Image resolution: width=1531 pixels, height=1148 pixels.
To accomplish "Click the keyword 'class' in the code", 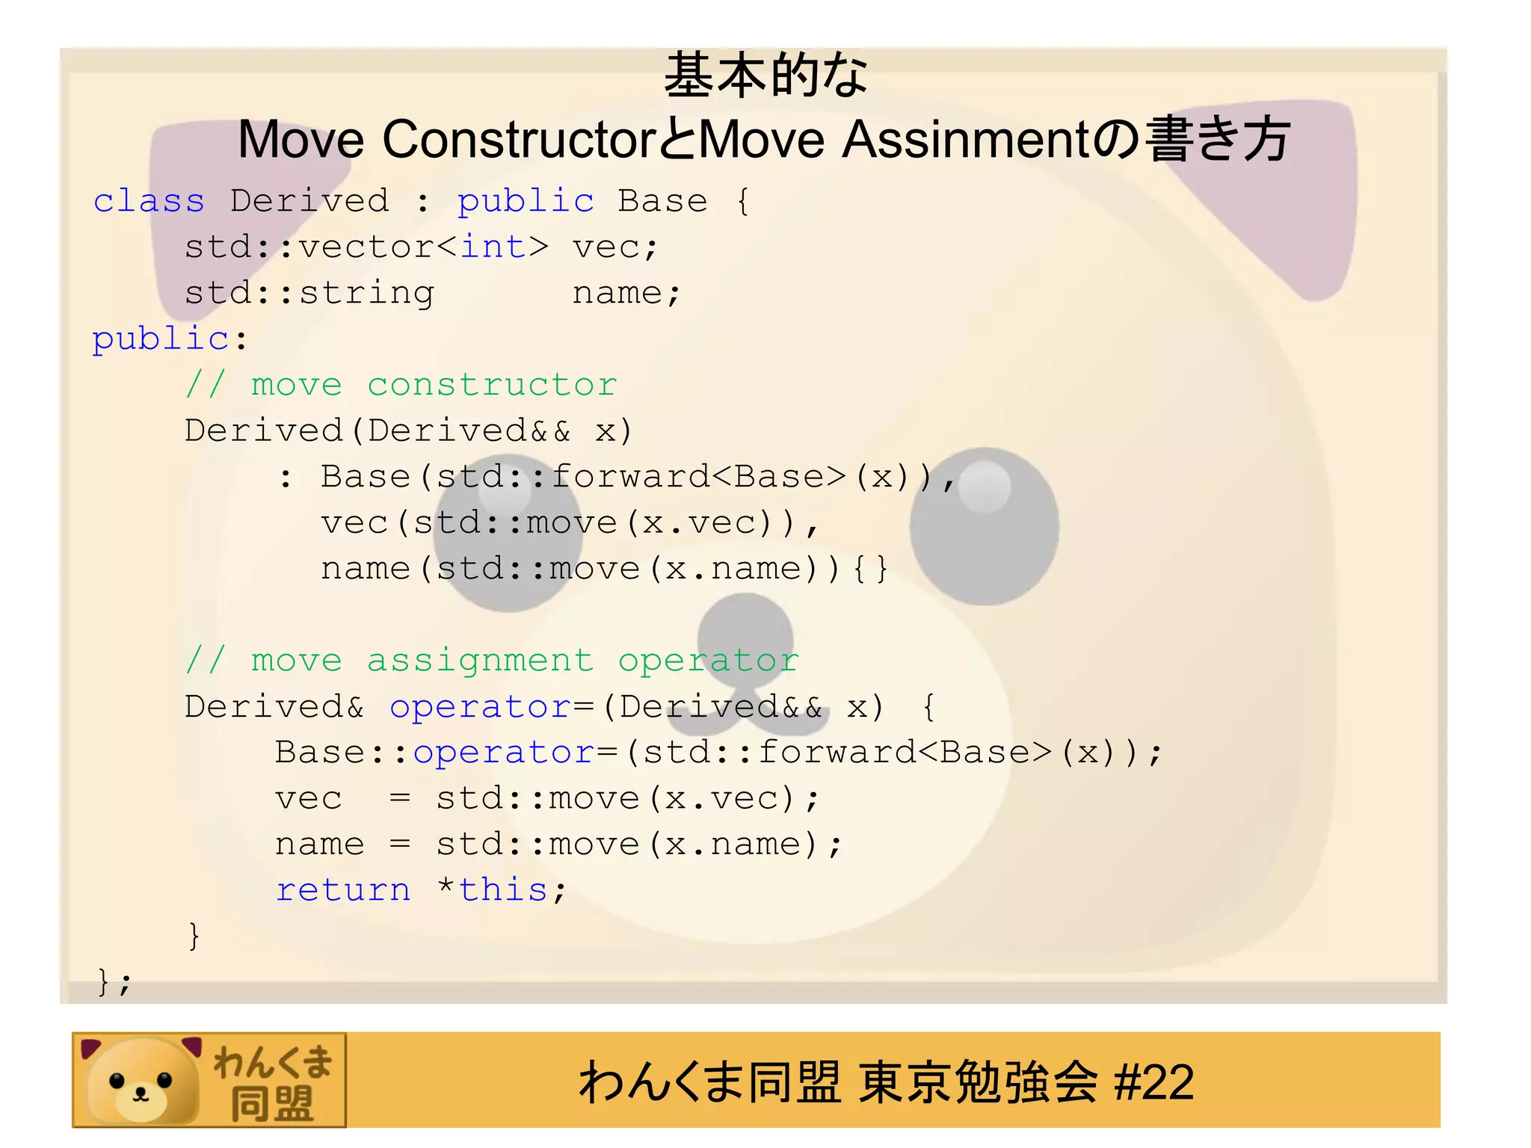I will (x=149, y=201).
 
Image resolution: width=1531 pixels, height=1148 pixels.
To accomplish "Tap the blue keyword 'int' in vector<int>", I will (x=493, y=247).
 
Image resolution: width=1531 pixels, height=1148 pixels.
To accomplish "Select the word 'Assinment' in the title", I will (x=966, y=140).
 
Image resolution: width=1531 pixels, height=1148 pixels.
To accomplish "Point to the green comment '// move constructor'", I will (x=401, y=385).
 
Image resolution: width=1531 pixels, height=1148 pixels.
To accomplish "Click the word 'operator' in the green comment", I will (x=708, y=661).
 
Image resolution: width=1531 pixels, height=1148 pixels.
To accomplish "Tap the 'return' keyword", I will (x=343, y=890).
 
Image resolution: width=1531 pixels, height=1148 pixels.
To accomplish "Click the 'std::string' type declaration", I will (x=309, y=293).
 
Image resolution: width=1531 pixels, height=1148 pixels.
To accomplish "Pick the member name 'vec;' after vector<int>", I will (x=615, y=247).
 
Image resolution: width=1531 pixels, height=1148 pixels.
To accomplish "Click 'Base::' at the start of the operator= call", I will (x=342, y=753).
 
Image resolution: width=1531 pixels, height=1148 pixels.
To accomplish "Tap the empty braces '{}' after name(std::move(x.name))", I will (x=870, y=569).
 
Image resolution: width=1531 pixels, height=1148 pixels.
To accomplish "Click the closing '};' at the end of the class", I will (x=114, y=982).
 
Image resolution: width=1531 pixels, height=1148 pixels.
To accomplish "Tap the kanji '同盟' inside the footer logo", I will (x=271, y=1103).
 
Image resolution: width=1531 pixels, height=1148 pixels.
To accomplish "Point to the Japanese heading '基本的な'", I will (x=765, y=75).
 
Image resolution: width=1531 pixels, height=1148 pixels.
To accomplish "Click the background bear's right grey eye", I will (x=984, y=525).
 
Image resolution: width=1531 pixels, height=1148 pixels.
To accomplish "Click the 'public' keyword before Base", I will (x=526, y=201).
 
